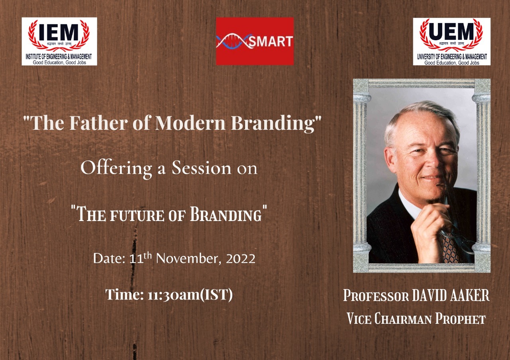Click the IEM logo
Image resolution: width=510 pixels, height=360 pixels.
pos(59,41)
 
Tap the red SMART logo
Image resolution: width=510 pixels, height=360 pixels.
pos(255,41)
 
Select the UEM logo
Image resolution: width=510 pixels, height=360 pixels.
pos(451,41)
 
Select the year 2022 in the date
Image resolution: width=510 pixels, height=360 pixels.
pos(241,259)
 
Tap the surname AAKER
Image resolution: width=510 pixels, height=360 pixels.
pos(473,296)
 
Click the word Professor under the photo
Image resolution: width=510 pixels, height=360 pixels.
pos(376,296)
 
